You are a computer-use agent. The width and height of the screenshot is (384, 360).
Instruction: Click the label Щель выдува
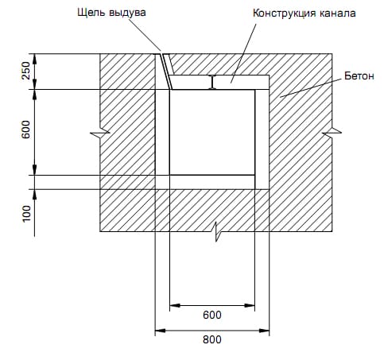(111, 13)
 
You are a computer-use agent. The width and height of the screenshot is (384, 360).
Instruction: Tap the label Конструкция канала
(304, 13)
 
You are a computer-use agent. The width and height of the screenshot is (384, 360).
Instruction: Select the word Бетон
(359, 76)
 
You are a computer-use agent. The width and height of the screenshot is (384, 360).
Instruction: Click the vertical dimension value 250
(26, 71)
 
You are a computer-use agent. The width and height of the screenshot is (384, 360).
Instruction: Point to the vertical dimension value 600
(26, 129)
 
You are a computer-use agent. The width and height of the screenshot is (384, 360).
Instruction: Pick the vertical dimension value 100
(26, 214)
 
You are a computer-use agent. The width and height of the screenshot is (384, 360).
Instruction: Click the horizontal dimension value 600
(212, 315)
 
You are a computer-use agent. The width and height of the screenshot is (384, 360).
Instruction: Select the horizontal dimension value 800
(212, 339)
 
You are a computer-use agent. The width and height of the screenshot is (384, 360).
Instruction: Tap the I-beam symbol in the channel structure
(212, 82)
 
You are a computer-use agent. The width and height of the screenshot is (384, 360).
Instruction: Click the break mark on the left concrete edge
(100, 134)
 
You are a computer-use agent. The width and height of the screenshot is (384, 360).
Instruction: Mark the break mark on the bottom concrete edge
(217, 231)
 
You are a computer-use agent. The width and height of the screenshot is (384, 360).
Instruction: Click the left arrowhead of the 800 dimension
(160, 331)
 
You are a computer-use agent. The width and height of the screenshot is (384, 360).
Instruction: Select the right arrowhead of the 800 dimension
(264, 331)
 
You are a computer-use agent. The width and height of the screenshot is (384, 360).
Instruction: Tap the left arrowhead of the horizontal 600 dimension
(175, 305)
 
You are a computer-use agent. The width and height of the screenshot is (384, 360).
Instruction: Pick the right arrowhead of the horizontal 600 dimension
(250, 305)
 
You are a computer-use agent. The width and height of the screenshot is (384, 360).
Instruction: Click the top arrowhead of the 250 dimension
(34, 59)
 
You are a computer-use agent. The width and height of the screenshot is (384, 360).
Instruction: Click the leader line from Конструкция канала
(243, 53)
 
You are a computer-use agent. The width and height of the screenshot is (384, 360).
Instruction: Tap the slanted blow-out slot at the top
(165, 72)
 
